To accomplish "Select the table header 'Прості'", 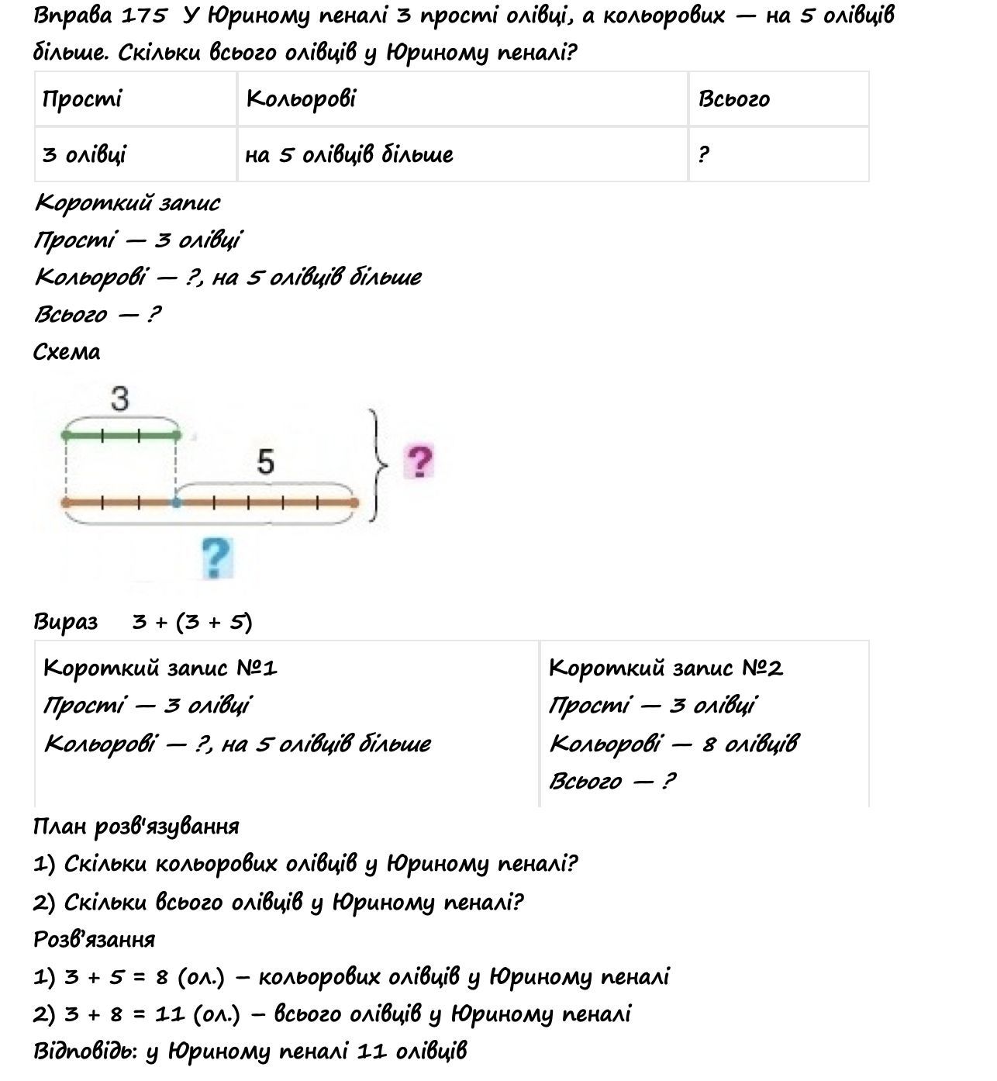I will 82,99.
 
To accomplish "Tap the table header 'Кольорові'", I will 301,99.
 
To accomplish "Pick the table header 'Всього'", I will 733,99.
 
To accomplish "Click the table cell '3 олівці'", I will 84,154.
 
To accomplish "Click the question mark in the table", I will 702,154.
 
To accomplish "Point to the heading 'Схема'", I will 67,352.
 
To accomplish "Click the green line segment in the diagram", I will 121,436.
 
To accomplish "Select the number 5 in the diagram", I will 265,462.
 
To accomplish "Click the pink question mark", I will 419,462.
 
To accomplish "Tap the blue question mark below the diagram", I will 216,558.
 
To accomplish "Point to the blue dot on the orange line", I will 177,503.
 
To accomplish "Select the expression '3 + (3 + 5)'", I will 191,622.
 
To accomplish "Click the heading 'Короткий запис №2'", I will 665,668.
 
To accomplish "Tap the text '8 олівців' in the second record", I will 749,744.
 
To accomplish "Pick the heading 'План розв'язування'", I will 136,827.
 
